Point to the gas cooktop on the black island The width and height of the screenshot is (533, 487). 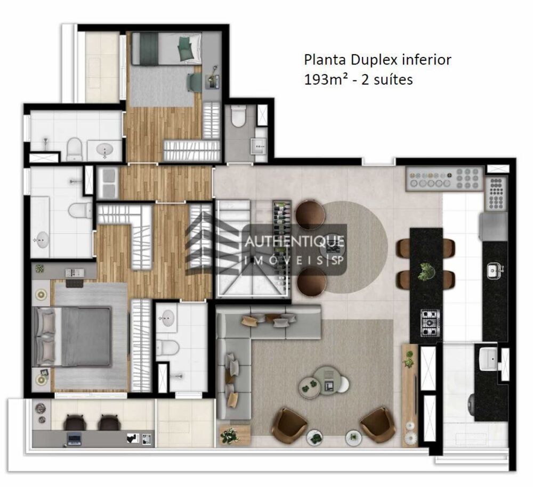[431, 323]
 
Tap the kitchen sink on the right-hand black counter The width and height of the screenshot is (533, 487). [494, 270]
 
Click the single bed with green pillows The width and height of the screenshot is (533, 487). [166, 48]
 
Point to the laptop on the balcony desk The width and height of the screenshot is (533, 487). [74, 439]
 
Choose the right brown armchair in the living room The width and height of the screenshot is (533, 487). [378, 425]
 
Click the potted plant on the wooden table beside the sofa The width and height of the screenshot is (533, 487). [230, 435]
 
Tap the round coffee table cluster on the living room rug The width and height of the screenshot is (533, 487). [324, 381]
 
